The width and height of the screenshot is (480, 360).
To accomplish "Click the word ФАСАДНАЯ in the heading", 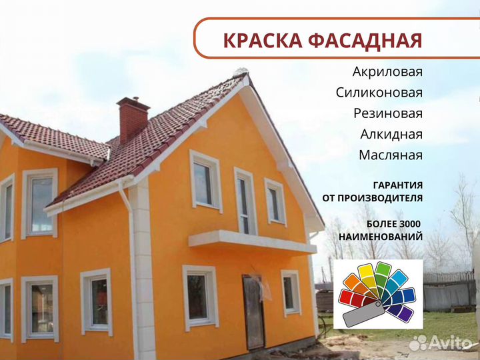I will tap(362, 40).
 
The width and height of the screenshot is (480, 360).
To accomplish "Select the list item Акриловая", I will tap(387, 71).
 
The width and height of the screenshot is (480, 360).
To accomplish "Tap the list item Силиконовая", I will tap(379, 92).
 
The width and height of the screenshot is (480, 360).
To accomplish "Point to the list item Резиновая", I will tap(387, 113).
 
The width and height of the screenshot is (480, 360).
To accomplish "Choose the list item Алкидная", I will tap(391, 134).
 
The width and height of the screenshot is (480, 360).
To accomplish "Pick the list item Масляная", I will tap(390, 155).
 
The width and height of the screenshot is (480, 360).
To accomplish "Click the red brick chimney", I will tap(133, 120).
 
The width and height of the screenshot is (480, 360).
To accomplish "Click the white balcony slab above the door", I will tap(251, 242).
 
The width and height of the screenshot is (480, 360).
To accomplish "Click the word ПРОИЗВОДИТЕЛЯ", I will tap(382, 198).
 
